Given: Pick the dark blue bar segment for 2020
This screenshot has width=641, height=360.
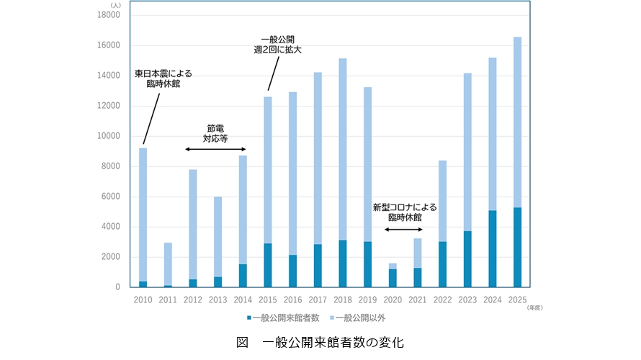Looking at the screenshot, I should click(x=393, y=278).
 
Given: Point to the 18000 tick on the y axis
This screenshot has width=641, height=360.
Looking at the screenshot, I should click(x=107, y=15).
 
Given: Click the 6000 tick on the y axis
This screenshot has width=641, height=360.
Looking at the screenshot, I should click(x=109, y=197).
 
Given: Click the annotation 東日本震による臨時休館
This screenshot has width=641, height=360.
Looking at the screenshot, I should click(x=164, y=78).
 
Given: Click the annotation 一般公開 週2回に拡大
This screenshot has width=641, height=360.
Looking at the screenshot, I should click(x=276, y=44).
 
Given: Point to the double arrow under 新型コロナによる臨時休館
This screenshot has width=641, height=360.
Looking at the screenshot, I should click(x=404, y=230).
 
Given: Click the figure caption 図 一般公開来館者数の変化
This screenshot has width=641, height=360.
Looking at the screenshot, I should click(x=320, y=342).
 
